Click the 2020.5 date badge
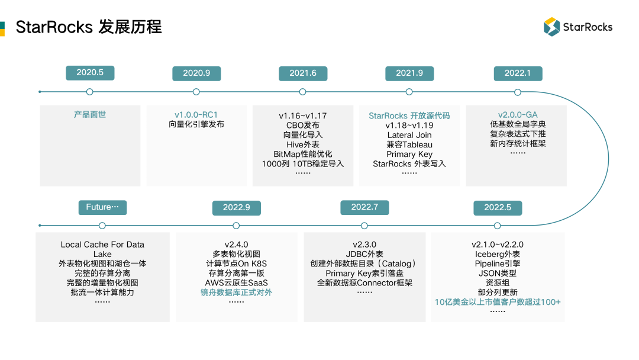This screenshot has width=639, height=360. tap(90, 73)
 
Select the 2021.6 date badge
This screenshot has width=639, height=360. tap(303, 73)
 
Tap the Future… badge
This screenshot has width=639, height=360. tap(102, 207)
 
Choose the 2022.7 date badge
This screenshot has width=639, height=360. tap(364, 207)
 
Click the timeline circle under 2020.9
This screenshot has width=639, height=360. tap(196, 92)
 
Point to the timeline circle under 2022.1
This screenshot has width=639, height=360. tap(518, 92)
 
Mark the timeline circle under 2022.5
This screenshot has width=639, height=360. tap(497, 226)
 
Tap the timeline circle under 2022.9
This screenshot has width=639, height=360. tap(236, 226)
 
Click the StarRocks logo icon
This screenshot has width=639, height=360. tap(551, 27)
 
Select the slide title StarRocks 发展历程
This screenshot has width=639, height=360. tap(89, 27)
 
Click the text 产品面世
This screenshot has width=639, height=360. tap(90, 114)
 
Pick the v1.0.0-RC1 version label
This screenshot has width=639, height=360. tap(196, 115)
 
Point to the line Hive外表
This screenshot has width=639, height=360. tap(303, 144)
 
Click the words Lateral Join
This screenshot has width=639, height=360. tap(409, 135)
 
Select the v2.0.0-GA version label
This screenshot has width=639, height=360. tap(518, 115)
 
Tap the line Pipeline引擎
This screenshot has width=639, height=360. tap(497, 263)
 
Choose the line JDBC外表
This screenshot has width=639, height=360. tap(364, 254)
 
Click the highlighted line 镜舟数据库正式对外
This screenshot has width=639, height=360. tap(236, 292)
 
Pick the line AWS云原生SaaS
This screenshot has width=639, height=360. tap(236, 282)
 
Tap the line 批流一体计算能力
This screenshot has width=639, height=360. tap(102, 292)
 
